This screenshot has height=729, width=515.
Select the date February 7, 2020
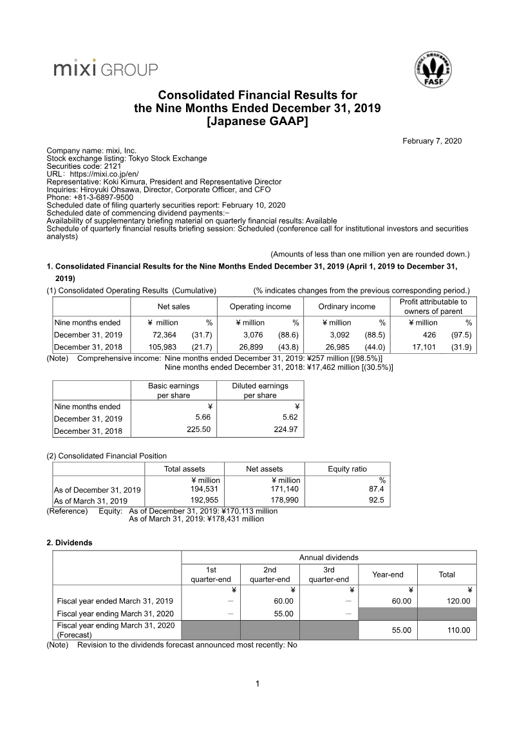432,141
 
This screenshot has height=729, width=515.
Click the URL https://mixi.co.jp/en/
104,174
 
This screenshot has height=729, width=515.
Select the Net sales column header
173,307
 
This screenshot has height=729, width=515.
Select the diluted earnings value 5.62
286,417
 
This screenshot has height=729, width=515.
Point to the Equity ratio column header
347,469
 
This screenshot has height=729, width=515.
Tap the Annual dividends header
329,557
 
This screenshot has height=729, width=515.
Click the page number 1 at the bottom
257,684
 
